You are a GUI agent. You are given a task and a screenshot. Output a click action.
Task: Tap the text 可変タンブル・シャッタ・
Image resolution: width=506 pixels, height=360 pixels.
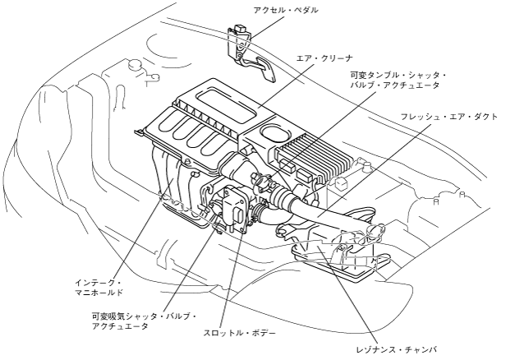point(393,74)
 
